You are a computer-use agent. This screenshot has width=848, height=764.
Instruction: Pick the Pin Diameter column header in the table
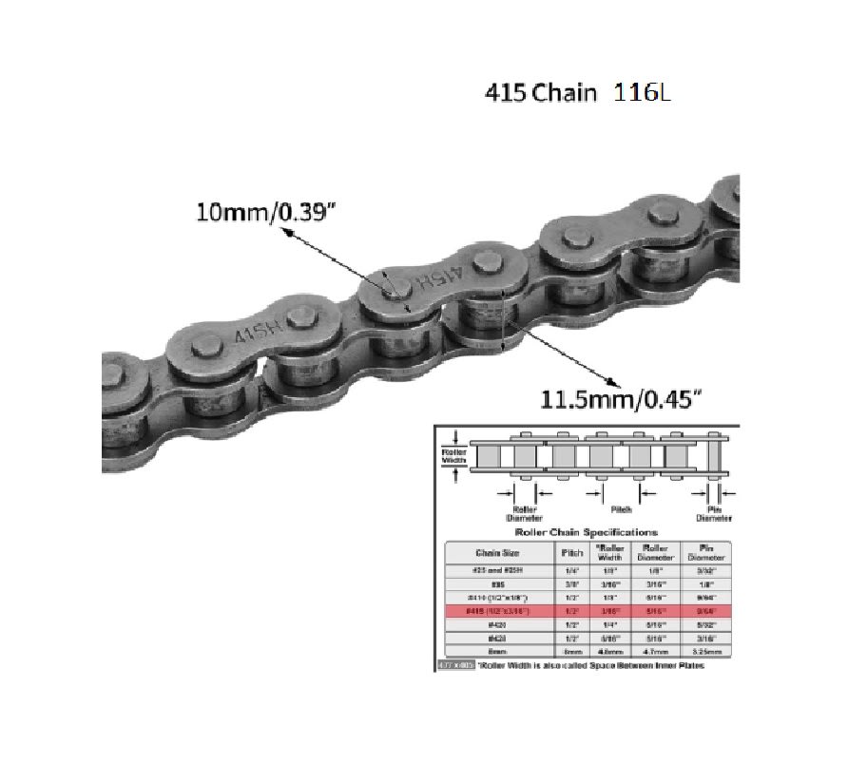pos(707,551)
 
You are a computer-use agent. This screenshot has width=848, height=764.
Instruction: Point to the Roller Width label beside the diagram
pos(454,455)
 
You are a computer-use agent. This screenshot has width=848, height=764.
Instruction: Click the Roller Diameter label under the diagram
pos(524,513)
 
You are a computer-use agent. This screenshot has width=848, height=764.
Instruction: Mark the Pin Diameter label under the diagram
pos(715,513)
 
